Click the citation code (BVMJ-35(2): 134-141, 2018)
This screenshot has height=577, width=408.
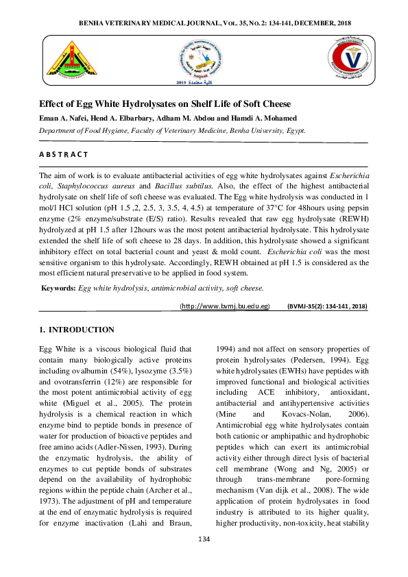point(327,306)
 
